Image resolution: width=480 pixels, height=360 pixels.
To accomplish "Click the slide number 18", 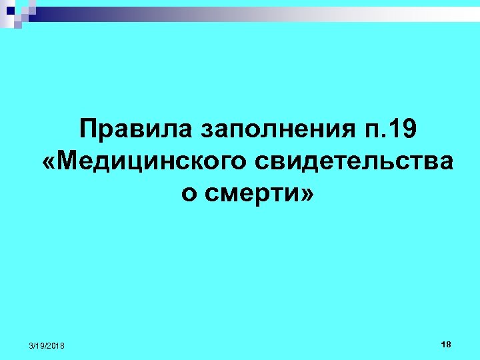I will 446,344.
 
